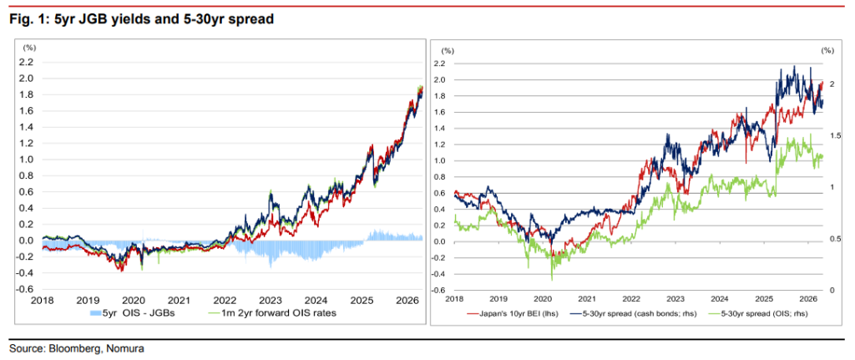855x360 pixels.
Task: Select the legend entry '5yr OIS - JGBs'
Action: [131, 313]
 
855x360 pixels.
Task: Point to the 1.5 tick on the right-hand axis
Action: [832, 135]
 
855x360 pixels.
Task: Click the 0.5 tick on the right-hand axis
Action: [832, 239]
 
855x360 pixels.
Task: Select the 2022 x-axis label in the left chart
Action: [225, 300]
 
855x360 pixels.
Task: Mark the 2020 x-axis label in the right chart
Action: [543, 299]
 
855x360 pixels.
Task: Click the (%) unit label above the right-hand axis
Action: [827, 51]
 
